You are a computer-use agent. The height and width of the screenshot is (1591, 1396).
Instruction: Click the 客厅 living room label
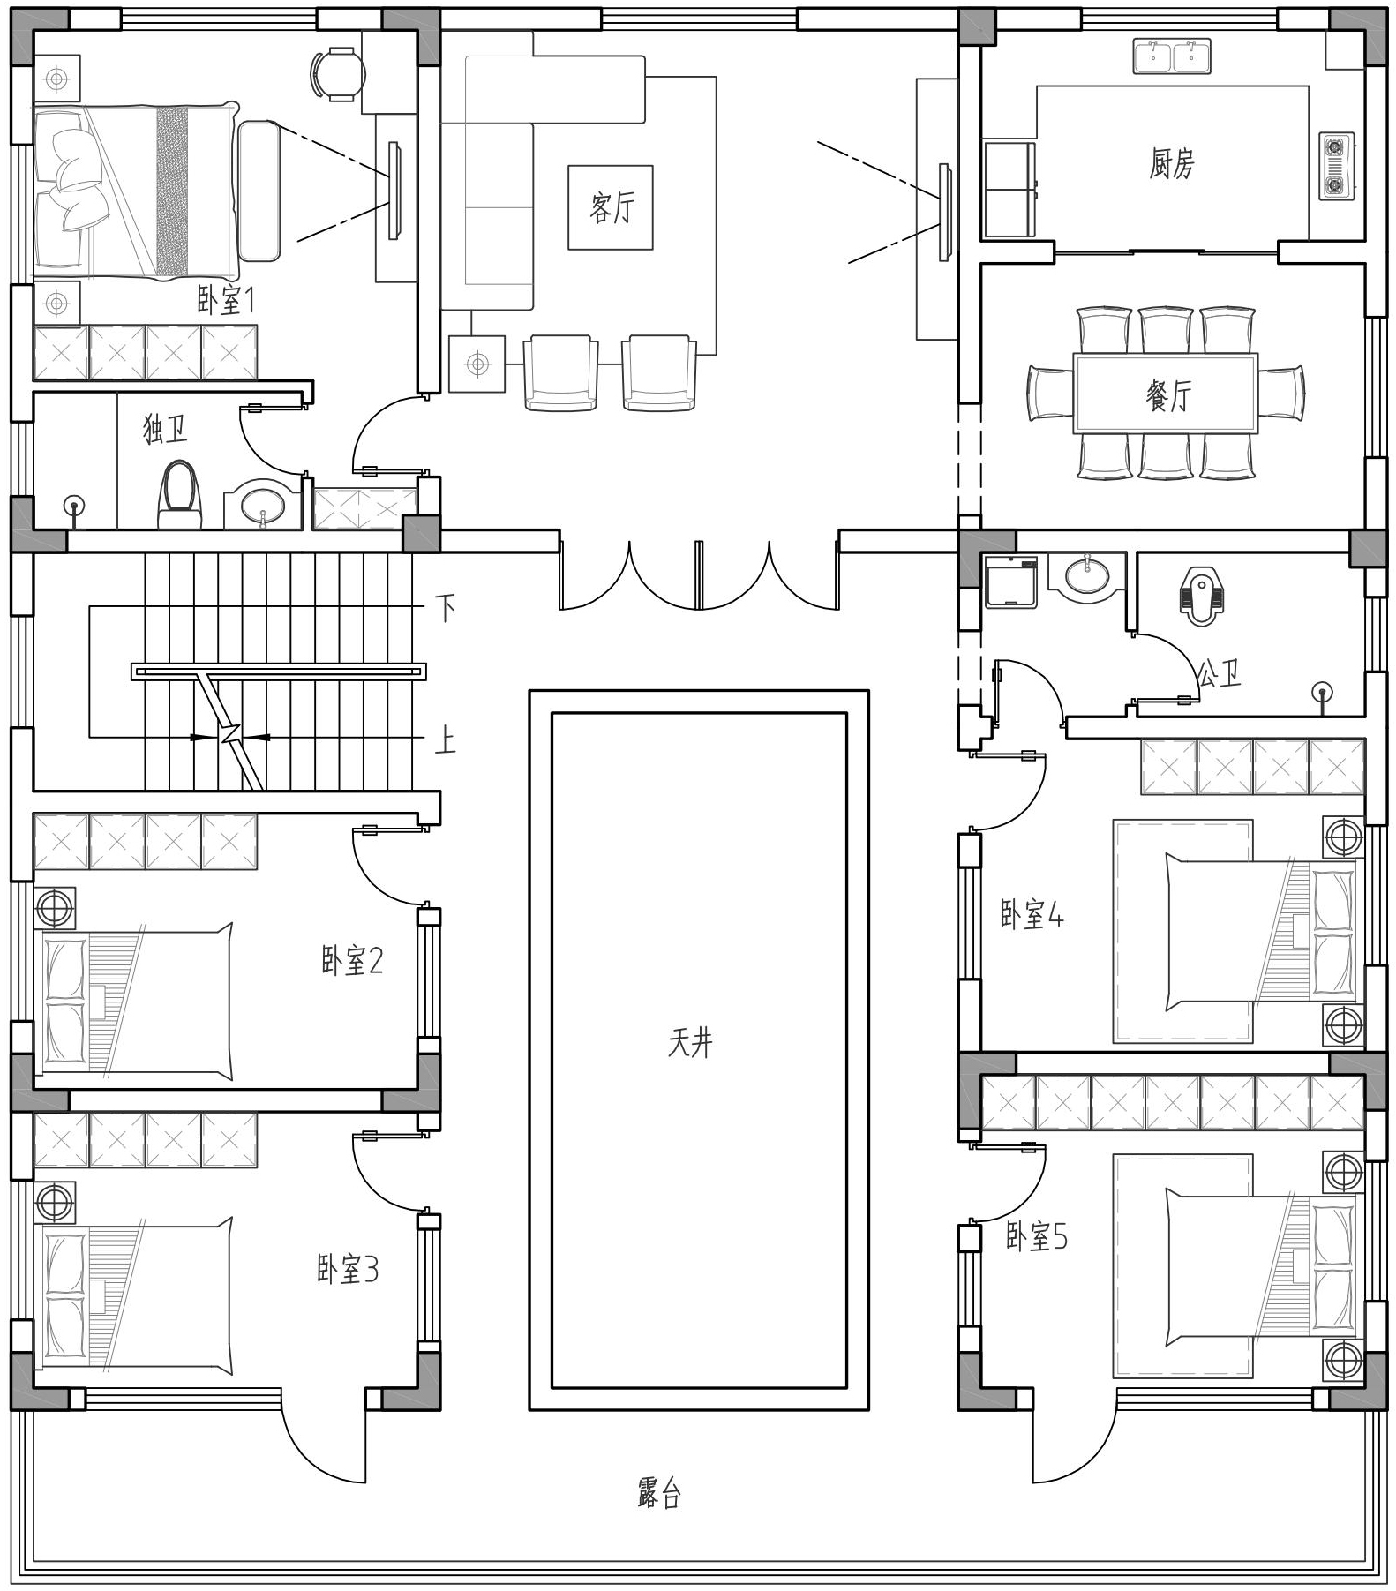[x=612, y=208]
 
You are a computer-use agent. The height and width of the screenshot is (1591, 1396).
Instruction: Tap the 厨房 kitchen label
[x=1171, y=163]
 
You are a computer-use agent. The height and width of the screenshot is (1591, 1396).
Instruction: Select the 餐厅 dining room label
[x=1168, y=394]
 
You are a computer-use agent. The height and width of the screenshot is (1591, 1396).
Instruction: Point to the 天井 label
[x=690, y=1043]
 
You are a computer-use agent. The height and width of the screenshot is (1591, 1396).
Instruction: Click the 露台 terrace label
[x=659, y=1493]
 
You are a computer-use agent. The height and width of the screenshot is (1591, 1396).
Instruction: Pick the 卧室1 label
[x=226, y=302]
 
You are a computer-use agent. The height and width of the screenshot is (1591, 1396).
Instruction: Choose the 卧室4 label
[x=1032, y=914]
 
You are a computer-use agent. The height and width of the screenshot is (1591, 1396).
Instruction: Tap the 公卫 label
[x=1219, y=674]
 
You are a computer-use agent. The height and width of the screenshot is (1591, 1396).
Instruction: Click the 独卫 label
[x=166, y=430]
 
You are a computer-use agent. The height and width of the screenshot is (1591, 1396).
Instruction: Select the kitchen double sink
[x=1172, y=56]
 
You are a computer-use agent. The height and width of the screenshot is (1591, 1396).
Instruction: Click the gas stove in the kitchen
[x=1336, y=165]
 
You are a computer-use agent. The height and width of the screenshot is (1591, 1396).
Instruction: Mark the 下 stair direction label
[x=446, y=608]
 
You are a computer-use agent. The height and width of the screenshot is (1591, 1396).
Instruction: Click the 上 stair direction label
[x=446, y=739]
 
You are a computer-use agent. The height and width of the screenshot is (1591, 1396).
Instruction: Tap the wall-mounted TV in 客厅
[x=944, y=212]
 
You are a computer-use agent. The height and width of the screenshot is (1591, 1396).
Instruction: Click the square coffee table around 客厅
[x=611, y=207]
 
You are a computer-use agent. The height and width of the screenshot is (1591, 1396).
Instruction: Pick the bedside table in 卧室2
[x=55, y=908]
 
